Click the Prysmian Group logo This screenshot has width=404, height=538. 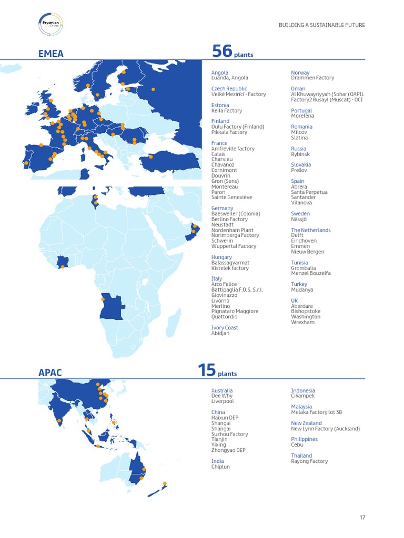[x=51, y=24]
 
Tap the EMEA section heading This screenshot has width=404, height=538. [x=51, y=53]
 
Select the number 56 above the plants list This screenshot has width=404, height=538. [x=222, y=51]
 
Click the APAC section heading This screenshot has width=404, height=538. [x=50, y=373]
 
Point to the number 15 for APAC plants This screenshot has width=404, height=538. [x=207, y=370]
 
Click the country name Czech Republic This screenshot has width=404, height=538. [x=229, y=89]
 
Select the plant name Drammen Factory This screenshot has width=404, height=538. [x=312, y=78]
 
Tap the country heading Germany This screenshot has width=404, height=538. [x=222, y=208]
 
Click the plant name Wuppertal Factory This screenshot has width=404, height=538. [x=234, y=246]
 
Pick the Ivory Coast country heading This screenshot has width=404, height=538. [x=225, y=328]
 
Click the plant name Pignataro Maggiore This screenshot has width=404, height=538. [x=235, y=312]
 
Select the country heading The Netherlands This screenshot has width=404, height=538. [x=311, y=230]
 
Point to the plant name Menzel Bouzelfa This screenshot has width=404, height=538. [x=311, y=273]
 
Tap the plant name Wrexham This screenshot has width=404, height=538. [x=302, y=322]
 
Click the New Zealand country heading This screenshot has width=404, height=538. [x=306, y=423]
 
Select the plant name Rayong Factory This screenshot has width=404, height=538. [x=309, y=461]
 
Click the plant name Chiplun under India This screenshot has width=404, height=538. [x=220, y=467]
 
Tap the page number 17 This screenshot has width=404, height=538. [x=362, y=518]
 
